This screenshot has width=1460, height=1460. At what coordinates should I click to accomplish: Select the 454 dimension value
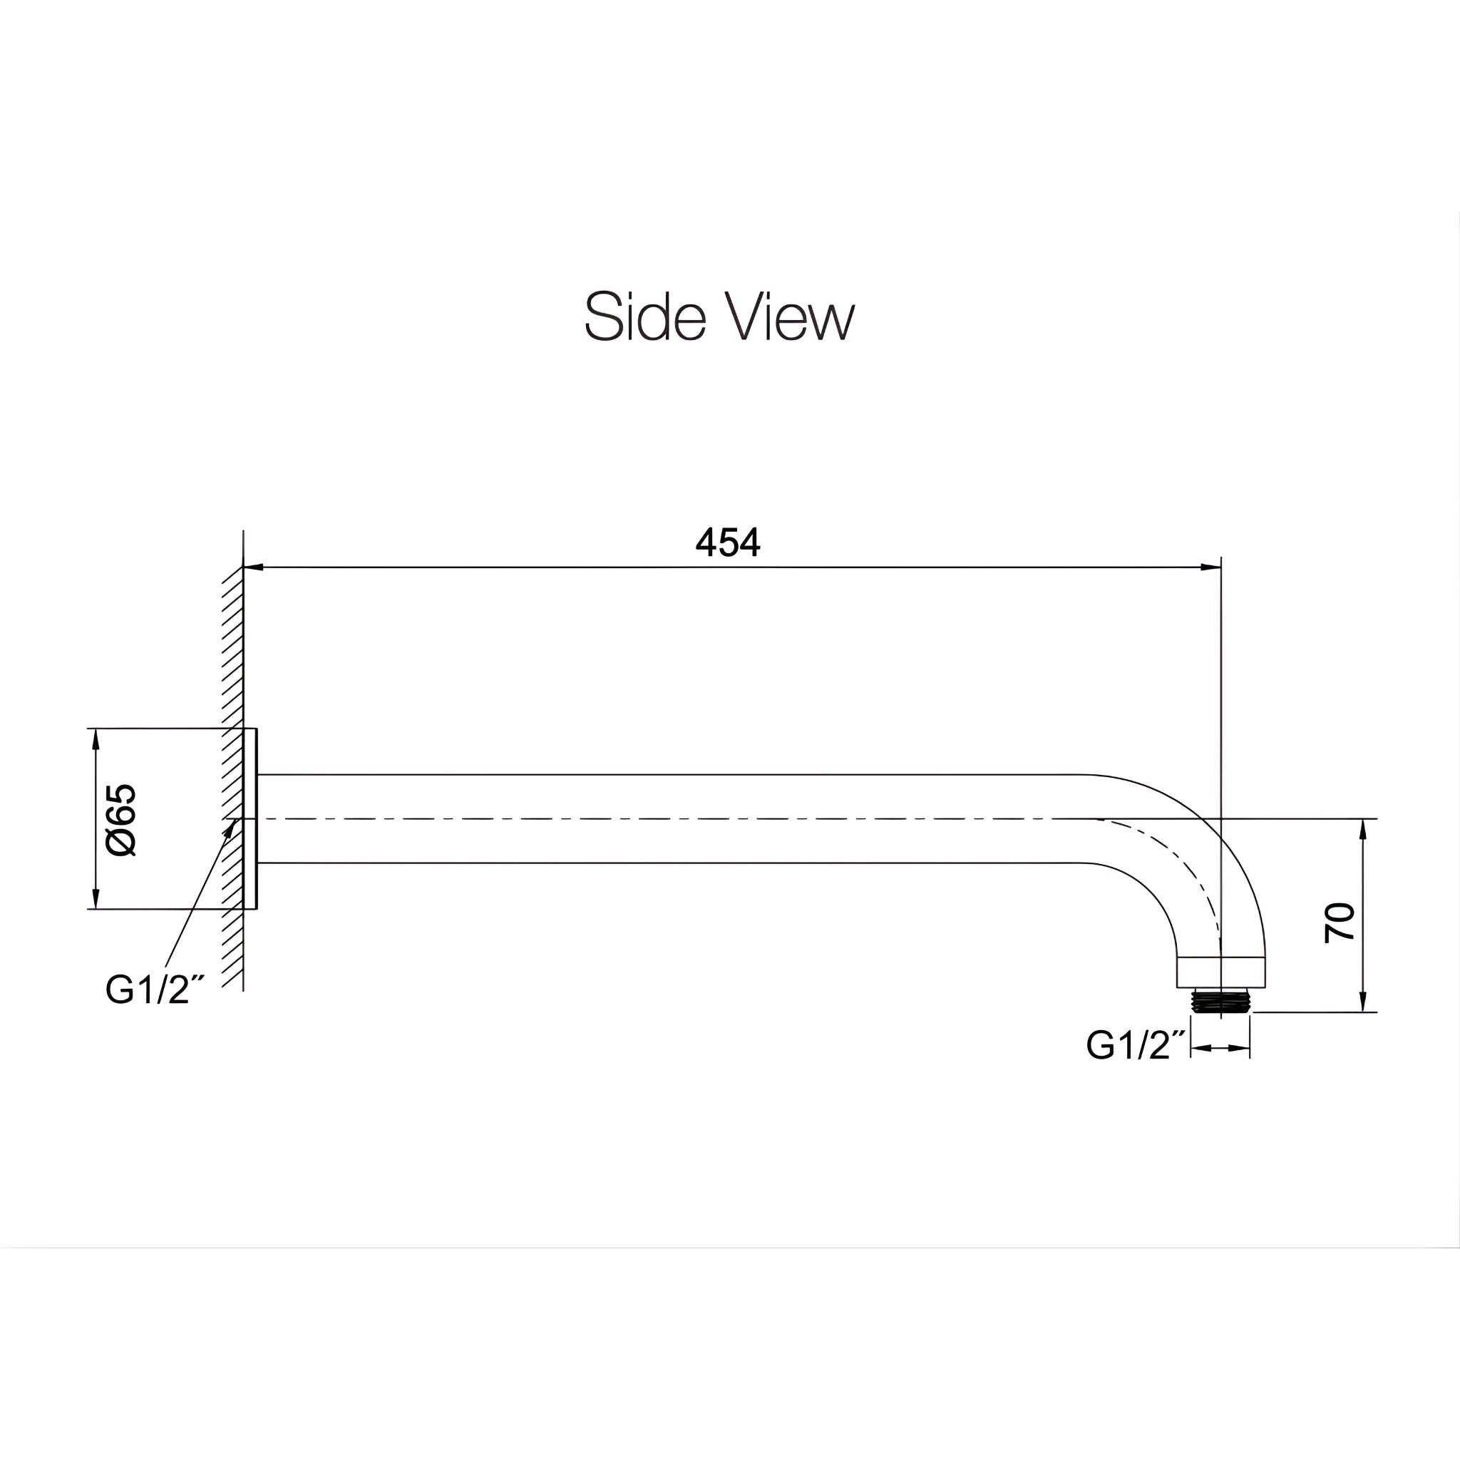(727, 542)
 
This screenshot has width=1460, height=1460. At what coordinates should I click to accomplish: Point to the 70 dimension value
(1339, 922)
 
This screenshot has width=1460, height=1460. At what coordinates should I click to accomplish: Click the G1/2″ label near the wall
(155, 989)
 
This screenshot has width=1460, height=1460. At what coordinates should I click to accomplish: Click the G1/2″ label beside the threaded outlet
(1137, 1046)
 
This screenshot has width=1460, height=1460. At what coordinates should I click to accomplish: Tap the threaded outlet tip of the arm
(1220, 1002)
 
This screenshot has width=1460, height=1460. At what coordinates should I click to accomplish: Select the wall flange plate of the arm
(250, 818)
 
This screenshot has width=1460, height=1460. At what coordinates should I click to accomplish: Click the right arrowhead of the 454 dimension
(1210, 567)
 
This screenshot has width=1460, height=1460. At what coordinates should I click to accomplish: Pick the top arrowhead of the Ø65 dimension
(96, 739)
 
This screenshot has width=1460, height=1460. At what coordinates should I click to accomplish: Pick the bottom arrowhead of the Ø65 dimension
(96, 898)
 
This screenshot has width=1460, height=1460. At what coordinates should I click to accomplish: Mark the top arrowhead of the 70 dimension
(1362, 829)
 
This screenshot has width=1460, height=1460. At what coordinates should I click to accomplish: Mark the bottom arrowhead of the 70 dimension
(1362, 1002)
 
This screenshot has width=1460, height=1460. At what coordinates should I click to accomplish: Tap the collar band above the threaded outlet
(1220, 972)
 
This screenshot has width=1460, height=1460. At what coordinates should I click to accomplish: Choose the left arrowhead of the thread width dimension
(1201, 1048)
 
